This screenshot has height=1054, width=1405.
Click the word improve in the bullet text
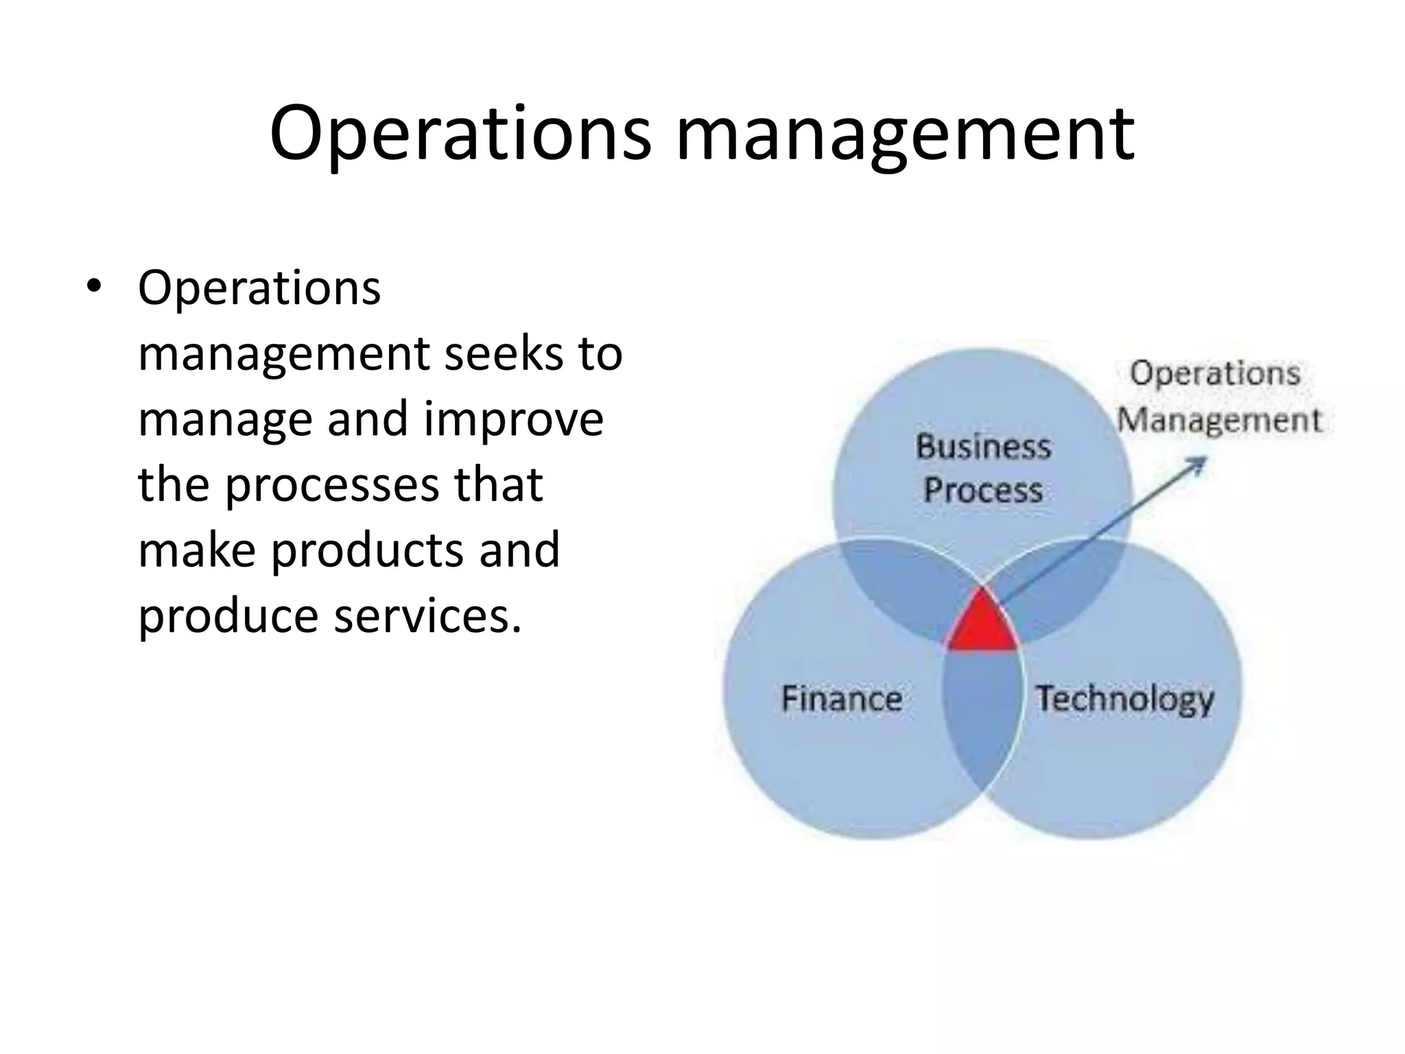513,420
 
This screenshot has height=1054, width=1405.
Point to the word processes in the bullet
332,485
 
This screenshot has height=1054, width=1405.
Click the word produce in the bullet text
228,616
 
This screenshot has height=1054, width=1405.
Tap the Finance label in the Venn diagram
842,699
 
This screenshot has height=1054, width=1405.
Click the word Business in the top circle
983,447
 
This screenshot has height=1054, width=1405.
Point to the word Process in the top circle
982,490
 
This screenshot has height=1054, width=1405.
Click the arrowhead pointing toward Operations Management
1197,465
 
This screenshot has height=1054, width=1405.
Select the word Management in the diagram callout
1219,420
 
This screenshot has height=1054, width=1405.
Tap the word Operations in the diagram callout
1215,374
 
